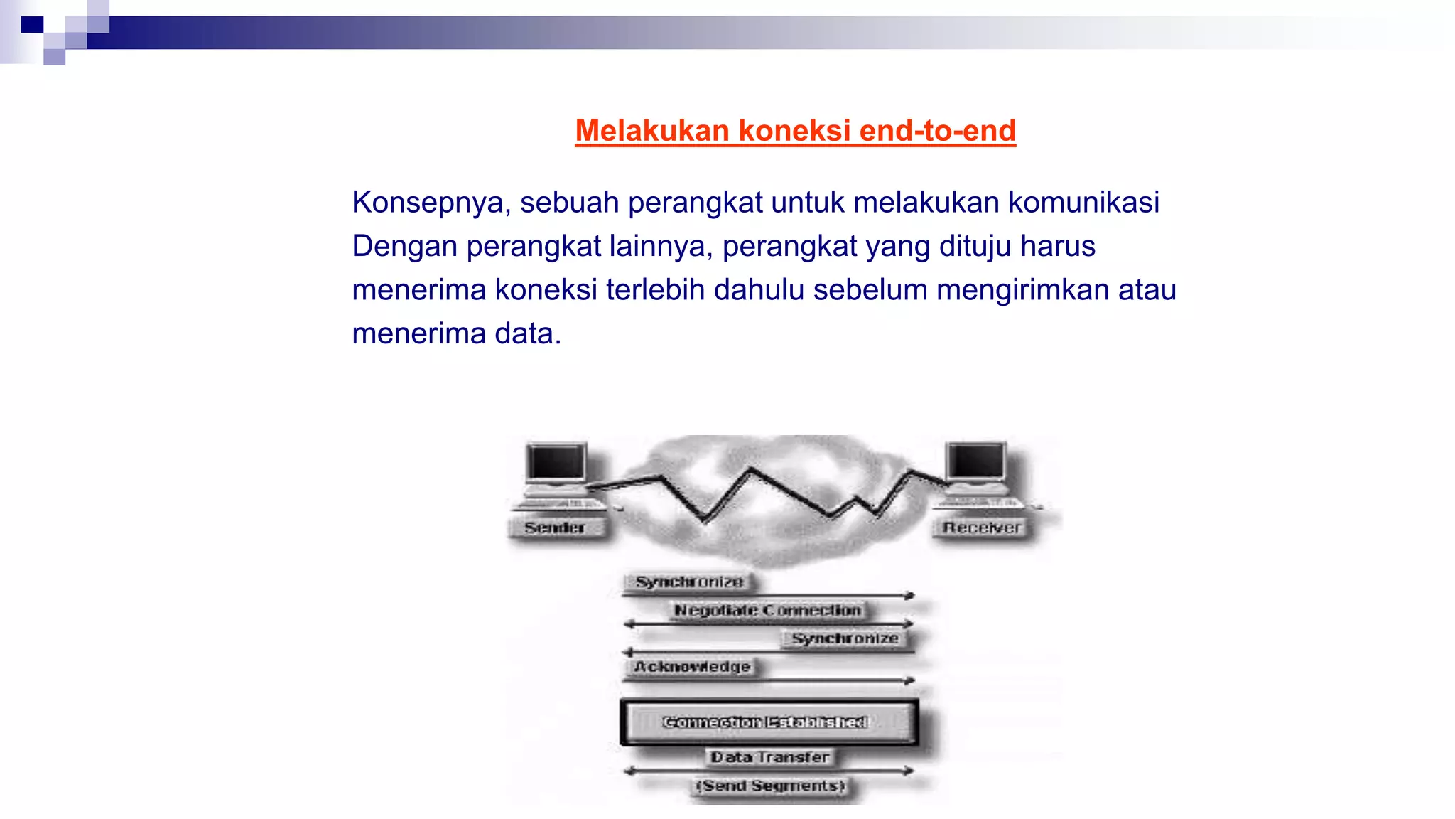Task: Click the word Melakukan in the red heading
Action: tap(651, 131)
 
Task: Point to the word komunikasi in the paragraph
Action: tap(1083, 203)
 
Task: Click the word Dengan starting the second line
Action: tap(404, 247)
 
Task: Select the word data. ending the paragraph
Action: tap(528, 333)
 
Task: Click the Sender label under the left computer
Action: tap(555, 528)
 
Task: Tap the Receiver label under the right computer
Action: tap(981, 528)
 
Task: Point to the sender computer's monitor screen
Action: tap(556, 462)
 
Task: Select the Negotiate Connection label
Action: tap(767, 610)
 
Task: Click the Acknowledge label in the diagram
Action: tap(692, 667)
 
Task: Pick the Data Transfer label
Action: tap(770, 757)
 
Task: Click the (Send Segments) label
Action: tap(770, 786)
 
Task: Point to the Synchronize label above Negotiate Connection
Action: tap(689, 582)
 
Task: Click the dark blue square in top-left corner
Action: tap(32, 25)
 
